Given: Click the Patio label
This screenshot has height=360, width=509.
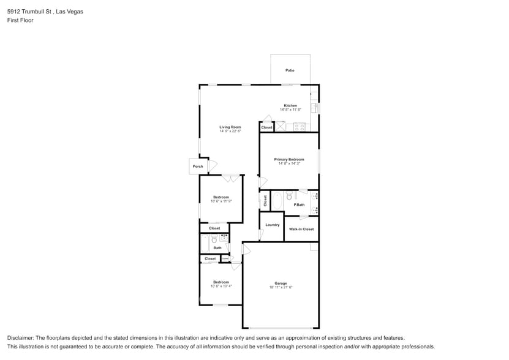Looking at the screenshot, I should (x=290, y=70).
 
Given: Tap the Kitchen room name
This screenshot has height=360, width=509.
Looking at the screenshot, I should (x=290, y=105).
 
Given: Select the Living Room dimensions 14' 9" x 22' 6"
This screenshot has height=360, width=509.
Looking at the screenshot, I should (x=230, y=131).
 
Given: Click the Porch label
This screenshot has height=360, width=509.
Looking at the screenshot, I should (x=198, y=167).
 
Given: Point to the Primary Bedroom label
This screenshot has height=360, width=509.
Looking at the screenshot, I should (x=289, y=159).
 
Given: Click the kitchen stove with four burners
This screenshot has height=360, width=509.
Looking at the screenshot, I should (x=300, y=127).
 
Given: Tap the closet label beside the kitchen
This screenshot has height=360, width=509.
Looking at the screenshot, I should (x=266, y=127).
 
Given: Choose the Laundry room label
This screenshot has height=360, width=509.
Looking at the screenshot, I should (x=273, y=225).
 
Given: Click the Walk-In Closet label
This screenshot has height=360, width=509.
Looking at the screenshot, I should (x=301, y=229).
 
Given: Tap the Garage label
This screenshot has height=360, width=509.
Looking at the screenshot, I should (x=281, y=283).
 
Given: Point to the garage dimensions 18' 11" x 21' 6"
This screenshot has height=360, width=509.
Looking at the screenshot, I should (x=281, y=287).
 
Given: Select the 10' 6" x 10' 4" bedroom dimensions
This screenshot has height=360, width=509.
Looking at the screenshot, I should (x=221, y=286).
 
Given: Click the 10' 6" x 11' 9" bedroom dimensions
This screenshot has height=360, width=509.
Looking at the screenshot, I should (x=221, y=201).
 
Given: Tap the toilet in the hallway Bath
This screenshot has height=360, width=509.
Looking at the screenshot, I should (x=214, y=240).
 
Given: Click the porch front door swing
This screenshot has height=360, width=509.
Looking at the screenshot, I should (x=213, y=166).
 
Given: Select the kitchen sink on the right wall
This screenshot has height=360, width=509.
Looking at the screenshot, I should (x=314, y=108).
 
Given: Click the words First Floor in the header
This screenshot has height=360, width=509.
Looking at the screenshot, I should (x=20, y=20).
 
